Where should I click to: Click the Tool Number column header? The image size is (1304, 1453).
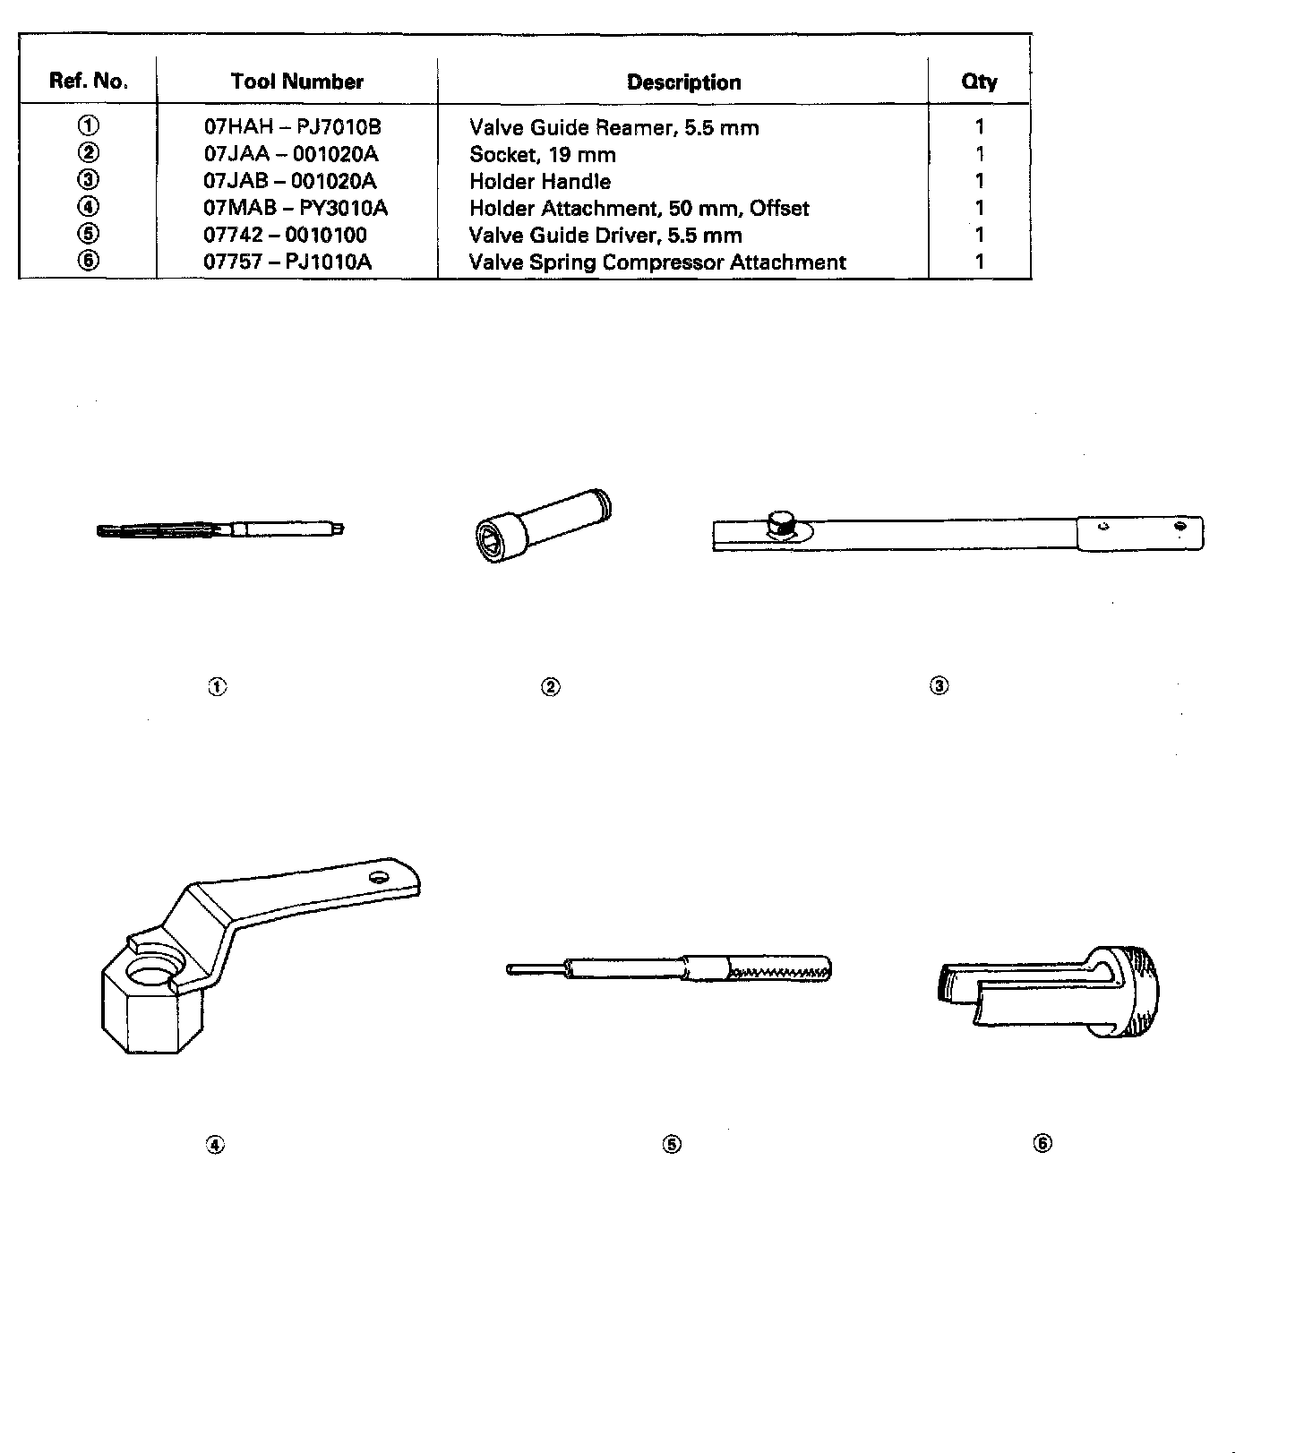click(x=296, y=82)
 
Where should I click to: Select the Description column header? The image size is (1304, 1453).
click(x=683, y=82)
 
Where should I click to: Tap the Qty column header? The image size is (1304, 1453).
click(x=979, y=82)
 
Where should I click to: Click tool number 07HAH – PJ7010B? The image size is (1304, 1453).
click(x=292, y=127)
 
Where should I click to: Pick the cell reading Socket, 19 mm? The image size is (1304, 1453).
click(x=543, y=154)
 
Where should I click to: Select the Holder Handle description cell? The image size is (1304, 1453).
click(x=540, y=181)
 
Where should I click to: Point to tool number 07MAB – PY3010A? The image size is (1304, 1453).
click(x=296, y=208)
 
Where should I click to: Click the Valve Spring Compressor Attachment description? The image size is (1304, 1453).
click(x=657, y=262)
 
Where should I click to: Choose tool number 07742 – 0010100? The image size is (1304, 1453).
click(x=285, y=235)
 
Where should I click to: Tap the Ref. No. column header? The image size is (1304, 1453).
click(x=89, y=82)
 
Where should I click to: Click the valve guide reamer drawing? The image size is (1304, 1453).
click(x=219, y=529)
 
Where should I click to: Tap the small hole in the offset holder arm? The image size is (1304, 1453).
click(x=380, y=877)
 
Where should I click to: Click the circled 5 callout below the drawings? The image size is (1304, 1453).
click(x=672, y=1144)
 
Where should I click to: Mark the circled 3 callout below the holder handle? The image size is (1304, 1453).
click(x=939, y=686)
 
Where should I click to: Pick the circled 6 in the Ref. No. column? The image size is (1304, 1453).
click(x=89, y=261)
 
